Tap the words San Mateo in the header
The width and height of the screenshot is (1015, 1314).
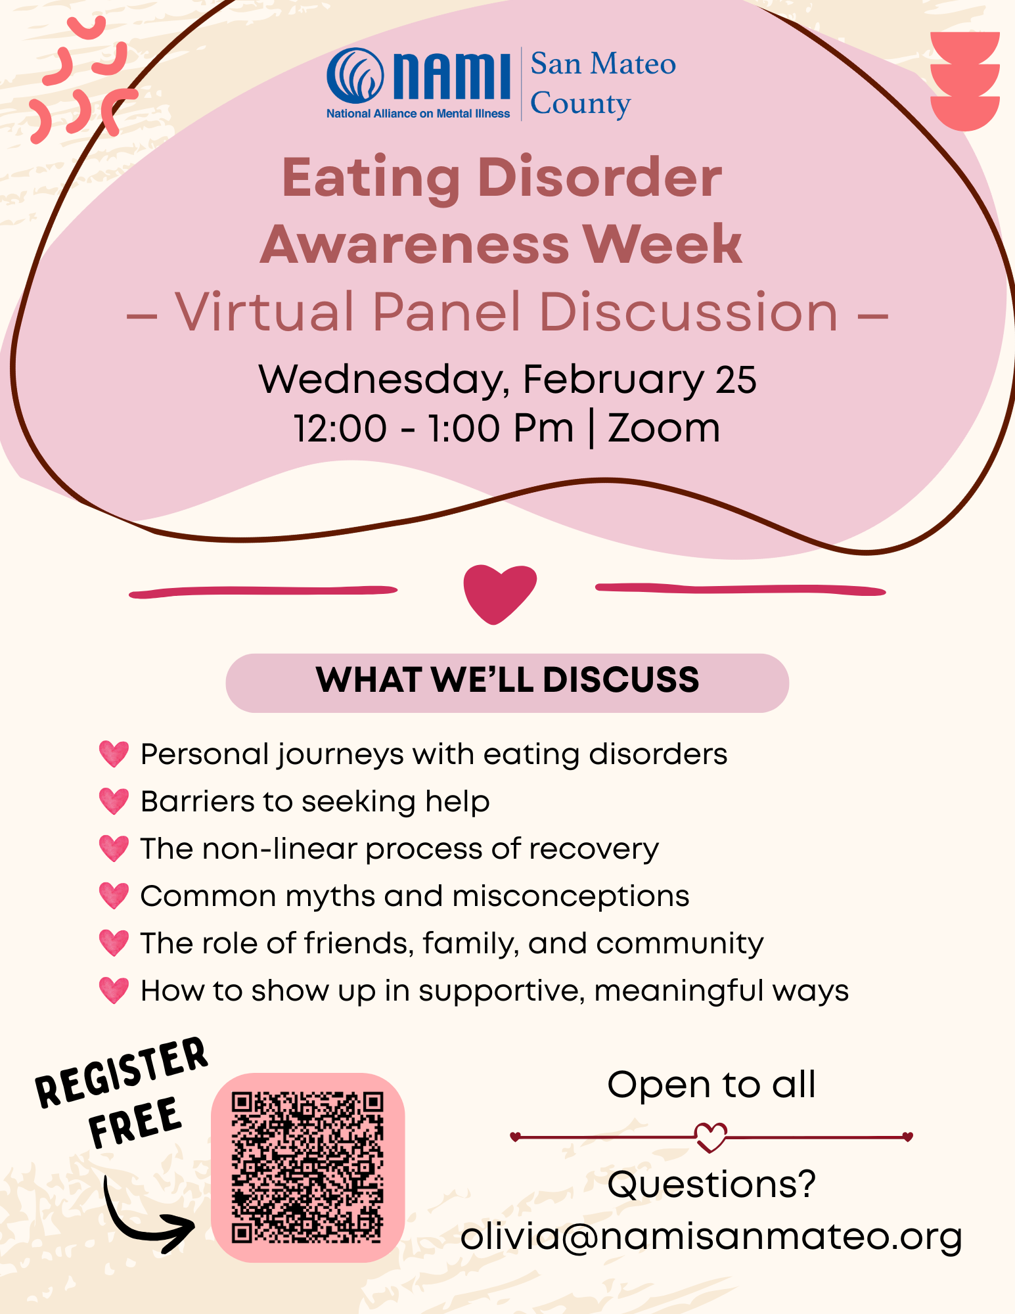click(603, 64)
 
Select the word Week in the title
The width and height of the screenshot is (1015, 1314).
click(663, 244)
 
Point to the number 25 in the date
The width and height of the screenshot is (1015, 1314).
click(736, 380)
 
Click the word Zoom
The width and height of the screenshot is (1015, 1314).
click(664, 428)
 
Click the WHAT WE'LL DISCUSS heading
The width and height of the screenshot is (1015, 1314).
click(507, 680)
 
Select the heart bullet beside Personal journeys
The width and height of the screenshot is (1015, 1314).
click(114, 754)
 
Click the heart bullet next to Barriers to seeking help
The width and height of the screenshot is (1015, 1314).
click(114, 802)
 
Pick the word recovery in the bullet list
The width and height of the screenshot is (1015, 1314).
click(594, 850)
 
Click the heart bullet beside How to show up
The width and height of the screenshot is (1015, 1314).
click(114, 991)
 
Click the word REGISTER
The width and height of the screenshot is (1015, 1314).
click(122, 1073)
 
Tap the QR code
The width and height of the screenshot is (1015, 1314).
click(307, 1167)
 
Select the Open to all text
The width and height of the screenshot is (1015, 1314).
click(711, 1085)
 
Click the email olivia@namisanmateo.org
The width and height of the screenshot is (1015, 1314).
click(711, 1237)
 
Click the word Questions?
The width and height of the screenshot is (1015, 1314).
click(711, 1185)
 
